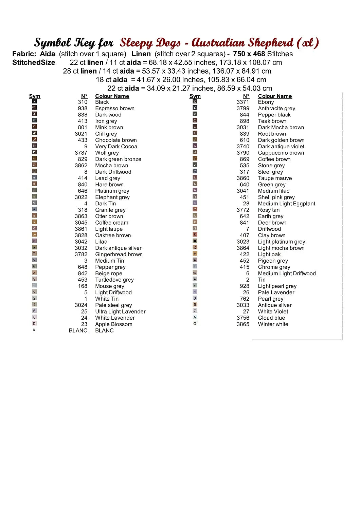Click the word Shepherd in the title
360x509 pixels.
pos(270,43)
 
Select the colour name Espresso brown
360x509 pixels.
pos(115,108)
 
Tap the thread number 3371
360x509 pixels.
pos(243,102)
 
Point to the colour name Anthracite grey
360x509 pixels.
pos(276,108)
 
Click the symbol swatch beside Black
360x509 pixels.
pos(34,101)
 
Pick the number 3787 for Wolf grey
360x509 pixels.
pos(81,153)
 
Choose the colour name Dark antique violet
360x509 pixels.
pos(281,146)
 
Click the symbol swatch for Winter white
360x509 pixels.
pos(195,324)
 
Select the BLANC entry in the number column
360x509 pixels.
pos(78,330)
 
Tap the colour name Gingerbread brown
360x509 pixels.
pos(119,254)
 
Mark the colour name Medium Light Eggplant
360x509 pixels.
pos(287,203)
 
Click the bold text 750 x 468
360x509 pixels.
pos(249,54)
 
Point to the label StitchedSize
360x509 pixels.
pos(34,62)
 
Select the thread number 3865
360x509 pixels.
pos(243,324)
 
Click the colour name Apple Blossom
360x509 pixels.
pos(114,324)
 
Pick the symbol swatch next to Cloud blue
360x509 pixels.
pos(195,317)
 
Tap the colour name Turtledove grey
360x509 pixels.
pos(114,280)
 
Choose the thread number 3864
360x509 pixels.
pos(243,248)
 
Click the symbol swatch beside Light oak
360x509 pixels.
pos(195,253)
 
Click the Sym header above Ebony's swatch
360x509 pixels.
pos(195,96)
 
